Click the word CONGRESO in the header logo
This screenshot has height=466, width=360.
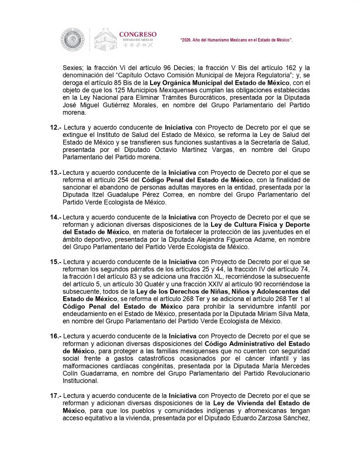click(137, 35)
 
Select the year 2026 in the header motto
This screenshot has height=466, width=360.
click(188, 41)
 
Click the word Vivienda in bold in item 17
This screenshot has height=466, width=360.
click(245, 403)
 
